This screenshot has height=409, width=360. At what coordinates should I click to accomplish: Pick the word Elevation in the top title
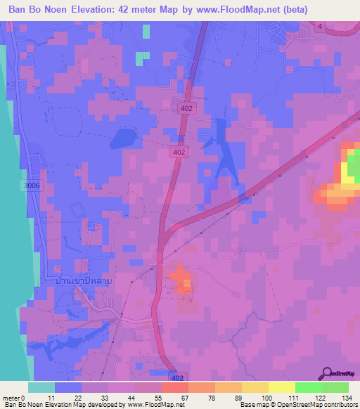tap(89, 11)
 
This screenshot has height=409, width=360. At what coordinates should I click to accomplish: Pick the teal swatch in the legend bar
tap(41, 387)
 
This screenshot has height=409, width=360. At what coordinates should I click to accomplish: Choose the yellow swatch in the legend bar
tap(282, 387)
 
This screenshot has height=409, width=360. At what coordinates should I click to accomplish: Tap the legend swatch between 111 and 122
tap(309, 387)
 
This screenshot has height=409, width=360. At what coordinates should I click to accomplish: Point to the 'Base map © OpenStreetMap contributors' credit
tap(297, 405)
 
